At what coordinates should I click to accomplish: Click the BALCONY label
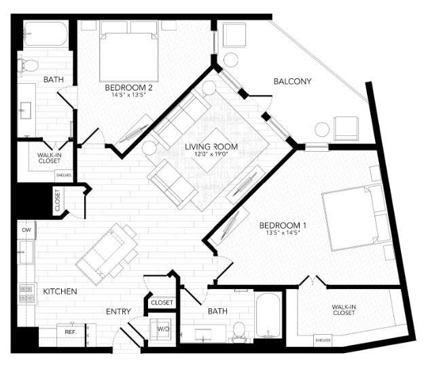[292, 82]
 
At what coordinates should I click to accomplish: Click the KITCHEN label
[60, 291]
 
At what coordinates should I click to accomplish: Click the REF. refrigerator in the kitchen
[70, 332]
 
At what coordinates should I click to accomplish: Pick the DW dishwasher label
[26, 231]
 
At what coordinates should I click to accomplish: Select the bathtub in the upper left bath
[46, 34]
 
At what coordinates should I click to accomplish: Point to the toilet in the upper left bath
[31, 66]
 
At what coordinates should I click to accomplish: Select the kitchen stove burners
[26, 293]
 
